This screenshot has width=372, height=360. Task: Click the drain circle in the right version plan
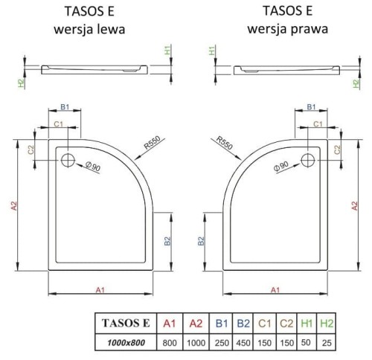pos(309,159)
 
